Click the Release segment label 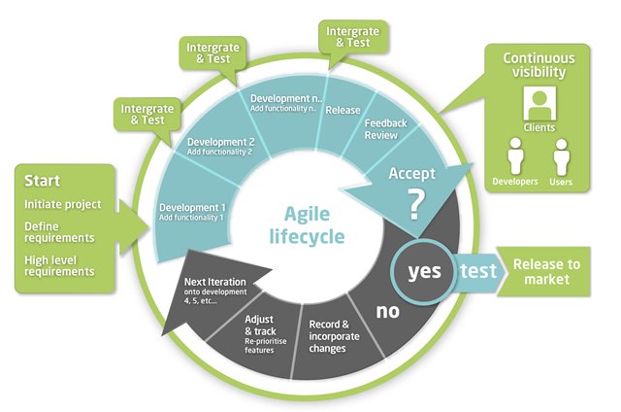pos(343,110)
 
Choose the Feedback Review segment pos(386,129)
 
